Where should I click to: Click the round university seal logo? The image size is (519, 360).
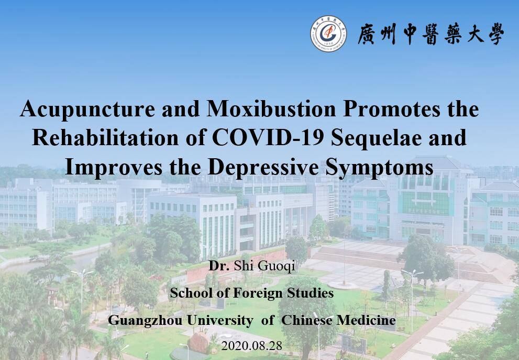[328, 34]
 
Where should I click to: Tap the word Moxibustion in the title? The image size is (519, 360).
[271, 108]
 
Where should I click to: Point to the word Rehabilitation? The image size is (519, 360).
[105, 137]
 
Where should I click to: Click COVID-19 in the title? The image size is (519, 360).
[268, 137]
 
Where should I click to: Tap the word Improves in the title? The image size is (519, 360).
[114, 167]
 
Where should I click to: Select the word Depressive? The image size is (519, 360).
[263, 167]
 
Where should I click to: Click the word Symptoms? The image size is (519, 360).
[379, 168]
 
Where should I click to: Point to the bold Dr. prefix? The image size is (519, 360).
[219, 266]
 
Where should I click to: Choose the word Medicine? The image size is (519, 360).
[366, 320]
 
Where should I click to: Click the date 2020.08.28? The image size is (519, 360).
[251, 346]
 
